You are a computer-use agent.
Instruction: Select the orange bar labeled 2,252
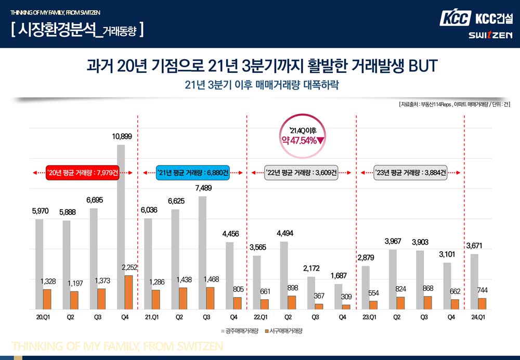click(128, 292)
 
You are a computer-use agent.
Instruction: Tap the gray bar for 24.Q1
click(474, 281)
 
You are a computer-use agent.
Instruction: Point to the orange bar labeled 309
click(345, 307)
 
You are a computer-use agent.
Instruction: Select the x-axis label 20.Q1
click(43, 317)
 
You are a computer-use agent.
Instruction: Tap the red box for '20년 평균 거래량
click(83, 173)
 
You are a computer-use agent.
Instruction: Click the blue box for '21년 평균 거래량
click(192, 173)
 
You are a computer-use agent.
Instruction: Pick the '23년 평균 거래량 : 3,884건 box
click(411, 173)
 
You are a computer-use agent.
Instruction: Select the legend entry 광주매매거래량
click(239, 331)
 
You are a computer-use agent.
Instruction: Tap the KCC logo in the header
click(455, 18)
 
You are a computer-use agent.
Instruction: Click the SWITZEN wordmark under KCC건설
click(490, 35)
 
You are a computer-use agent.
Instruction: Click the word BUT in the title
click(423, 67)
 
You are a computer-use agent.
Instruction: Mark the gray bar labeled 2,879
click(366, 288)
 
